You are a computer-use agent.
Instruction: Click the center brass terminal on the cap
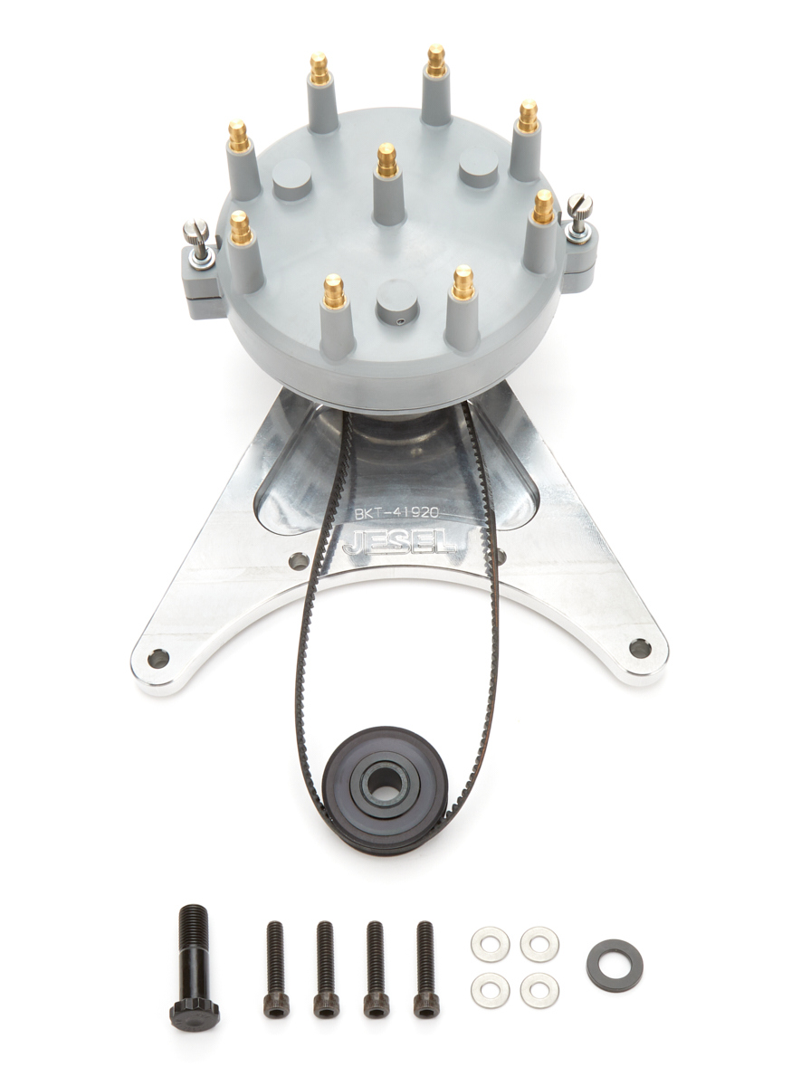click(x=387, y=161)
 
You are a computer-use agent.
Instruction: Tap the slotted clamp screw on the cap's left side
click(x=196, y=238)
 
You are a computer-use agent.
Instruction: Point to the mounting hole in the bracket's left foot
click(x=158, y=658)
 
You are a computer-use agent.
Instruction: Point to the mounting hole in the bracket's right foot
click(x=640, y=648)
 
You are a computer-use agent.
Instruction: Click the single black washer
click(x=615, y=965)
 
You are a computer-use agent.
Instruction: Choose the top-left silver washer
click(x=490, y=945)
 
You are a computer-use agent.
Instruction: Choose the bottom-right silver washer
click(x=539, y=989)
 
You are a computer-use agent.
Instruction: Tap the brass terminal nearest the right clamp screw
click(x=543, y=207)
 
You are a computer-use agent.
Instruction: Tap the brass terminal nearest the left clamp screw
click(x=240, y=228)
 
